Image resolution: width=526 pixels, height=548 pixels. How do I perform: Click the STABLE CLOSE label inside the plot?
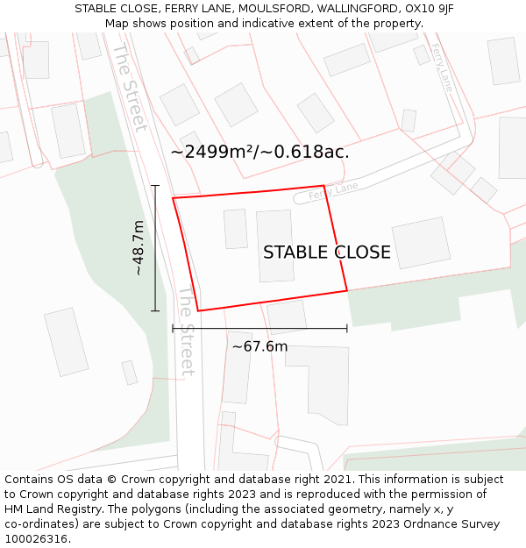click(326, 253)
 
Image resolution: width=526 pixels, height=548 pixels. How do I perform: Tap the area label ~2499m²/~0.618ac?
click(259, 152)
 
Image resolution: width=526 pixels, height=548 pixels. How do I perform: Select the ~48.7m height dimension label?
click(139, 248)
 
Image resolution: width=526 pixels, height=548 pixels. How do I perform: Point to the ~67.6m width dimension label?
click(259, 346)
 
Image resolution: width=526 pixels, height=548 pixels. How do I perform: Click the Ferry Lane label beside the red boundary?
click(334, 189)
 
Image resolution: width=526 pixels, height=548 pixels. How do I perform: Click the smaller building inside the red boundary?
click(235, 228)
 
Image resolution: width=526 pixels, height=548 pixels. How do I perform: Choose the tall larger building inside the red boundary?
click(275, 246)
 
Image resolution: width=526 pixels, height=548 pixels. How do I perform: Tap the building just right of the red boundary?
click(421, 243)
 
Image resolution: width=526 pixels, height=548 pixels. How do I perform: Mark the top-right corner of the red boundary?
click(324, 186)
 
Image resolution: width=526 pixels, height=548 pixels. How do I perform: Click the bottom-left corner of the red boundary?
click(198, 310)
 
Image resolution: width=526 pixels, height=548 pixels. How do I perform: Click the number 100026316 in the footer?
click(34, 538)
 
